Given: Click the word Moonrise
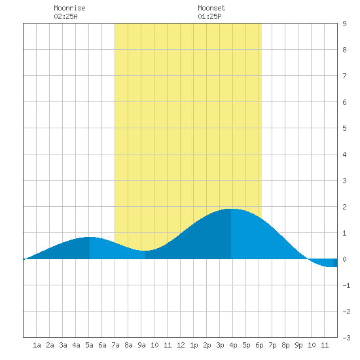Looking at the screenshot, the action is (x=69, y=8).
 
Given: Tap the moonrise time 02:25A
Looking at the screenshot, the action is (x=65, y=16).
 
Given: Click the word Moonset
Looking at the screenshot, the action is (x=211, y=8).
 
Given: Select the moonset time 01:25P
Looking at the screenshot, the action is (x=209, y=16).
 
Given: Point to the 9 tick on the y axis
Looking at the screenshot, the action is (x=344, y=24).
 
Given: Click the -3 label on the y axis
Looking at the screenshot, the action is (x=346, y=338).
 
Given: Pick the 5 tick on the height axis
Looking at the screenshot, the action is (x=344, y=128).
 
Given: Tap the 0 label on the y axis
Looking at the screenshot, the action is (x=344, y=259).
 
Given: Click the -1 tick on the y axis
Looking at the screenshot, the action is (x=346, y=285).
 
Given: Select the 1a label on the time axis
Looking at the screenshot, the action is (x=37, y=345).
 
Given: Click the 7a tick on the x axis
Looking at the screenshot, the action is (x=115, y=345).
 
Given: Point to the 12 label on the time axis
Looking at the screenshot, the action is (x=181, y=345).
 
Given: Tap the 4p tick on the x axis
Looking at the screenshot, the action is (x=233, y=345).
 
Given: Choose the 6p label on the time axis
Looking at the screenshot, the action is (x=259, y=345).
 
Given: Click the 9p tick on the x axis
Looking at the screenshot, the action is (x=298, y=345).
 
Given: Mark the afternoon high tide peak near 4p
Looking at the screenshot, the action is (x=231, y=209).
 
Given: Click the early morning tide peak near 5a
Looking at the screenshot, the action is (x=90, y=237).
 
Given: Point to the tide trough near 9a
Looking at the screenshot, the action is (x=145, y=251).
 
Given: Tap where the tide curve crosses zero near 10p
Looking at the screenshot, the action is (x=308, y=259).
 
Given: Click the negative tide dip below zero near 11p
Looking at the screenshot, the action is (x=329, y=266).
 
